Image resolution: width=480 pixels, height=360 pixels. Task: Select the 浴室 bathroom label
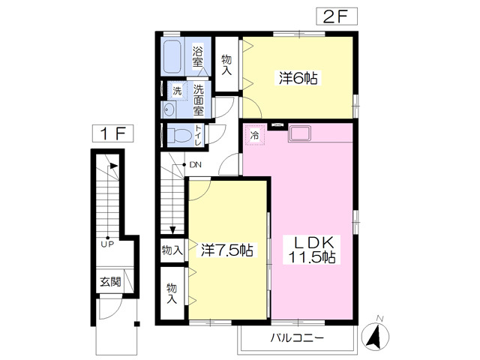(198, 57)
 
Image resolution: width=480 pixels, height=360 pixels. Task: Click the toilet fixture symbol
(179, 136)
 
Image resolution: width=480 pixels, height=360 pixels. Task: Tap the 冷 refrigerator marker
(254, 136)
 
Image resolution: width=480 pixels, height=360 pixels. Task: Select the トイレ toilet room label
(197, 136)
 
